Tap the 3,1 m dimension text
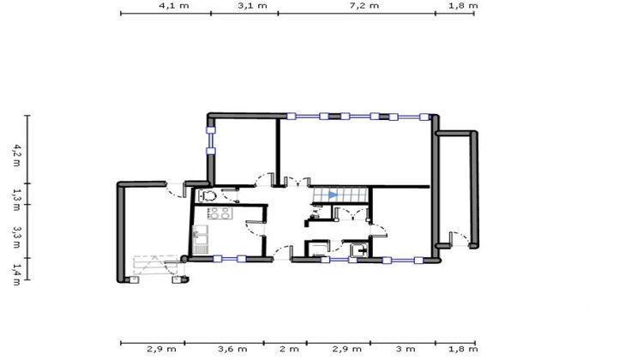pos(251,5)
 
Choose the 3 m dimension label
pos(406,350)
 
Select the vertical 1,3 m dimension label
pos(15,195)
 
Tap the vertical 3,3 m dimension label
pos(15,231)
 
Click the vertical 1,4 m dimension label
pos(15,269)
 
